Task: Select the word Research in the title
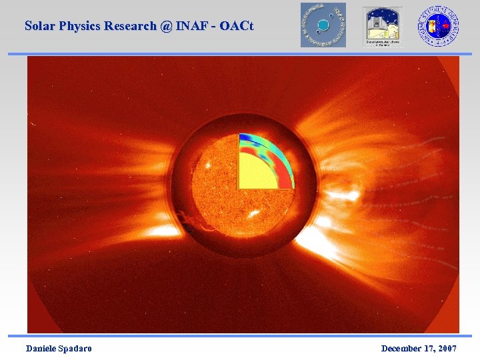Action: (x=133, y=26)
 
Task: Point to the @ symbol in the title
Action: (x=166, y=26)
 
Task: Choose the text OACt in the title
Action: (x=237, y=26)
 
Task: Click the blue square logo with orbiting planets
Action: (x=323, y=25)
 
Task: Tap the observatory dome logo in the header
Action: (x=383, y=26)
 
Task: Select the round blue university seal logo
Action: (x=438, y=25)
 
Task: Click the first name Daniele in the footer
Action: (x=41, y=349)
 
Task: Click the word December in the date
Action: (x=401, y=349)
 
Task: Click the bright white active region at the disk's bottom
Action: (x=254, y=214)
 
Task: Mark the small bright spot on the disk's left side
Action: (x=207, y=163)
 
